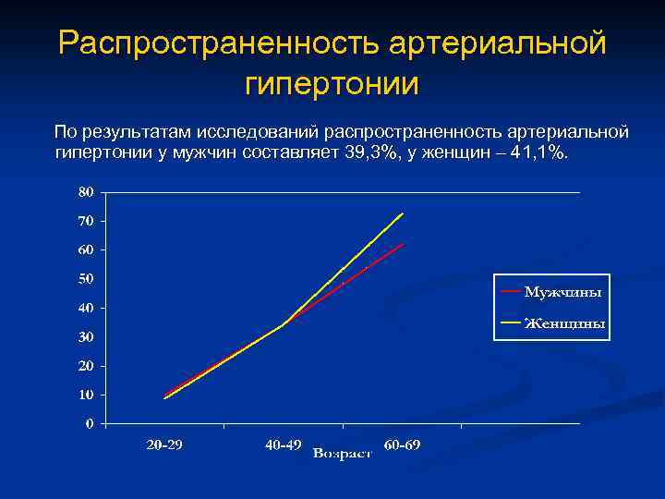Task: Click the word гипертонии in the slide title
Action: click(332, 84)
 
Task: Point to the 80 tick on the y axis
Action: click(85, 192)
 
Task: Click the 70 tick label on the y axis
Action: click(85, 221)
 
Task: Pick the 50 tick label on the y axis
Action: click(85, 279)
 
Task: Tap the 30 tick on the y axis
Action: click(85, 337)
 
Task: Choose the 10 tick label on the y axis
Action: click(85, 395)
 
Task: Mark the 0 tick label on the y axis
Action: click(89, 423)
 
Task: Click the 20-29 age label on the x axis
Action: click(164, 445)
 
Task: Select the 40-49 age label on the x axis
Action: click(283, 445)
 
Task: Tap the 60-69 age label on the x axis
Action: click(402, 445)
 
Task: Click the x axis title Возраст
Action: click(342, 454)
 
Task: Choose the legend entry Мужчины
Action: click(562, 292)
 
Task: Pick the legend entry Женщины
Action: click(564, 323)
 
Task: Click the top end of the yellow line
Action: click(403, 213)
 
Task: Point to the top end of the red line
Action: click(403, 244)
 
